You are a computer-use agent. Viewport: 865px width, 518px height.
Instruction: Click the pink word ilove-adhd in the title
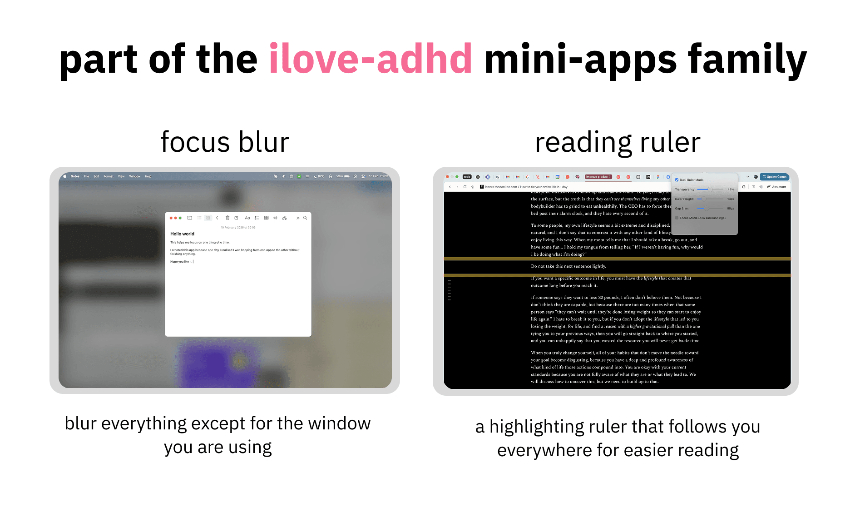click(370, 59)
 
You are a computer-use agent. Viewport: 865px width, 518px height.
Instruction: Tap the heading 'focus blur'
click(225, 142)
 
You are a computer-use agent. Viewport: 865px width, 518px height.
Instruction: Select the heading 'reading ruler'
click(617, 142)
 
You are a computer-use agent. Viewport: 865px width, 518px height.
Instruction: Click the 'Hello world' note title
click(182, 234)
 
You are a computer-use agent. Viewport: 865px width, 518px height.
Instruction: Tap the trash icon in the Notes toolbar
click(227, 218)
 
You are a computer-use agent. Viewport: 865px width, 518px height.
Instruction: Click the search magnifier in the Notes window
click(305, 218)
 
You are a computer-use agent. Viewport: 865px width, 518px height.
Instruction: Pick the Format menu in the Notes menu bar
click(108, 176)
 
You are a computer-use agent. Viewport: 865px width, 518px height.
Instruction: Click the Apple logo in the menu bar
click(65, 176)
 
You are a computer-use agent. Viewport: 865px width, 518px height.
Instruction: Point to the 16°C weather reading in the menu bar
click(320, 176)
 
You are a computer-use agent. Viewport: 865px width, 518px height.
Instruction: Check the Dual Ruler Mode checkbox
click(677, 180)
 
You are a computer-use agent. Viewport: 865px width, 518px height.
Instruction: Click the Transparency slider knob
click(710, 189)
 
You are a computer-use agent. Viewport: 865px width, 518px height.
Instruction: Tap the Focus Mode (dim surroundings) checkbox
click(677, 218)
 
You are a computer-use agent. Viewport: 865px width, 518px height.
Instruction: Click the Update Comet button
click(775, 177)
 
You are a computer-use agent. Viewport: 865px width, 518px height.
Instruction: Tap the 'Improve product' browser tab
click(598, 177)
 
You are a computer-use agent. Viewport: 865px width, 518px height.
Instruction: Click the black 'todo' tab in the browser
click(467, 177)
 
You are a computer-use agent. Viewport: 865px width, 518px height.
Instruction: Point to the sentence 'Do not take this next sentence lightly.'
click(568, 266)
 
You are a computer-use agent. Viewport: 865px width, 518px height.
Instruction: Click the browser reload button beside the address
click(465, 187)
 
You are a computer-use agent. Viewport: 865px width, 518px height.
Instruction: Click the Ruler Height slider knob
click(703, 199)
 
